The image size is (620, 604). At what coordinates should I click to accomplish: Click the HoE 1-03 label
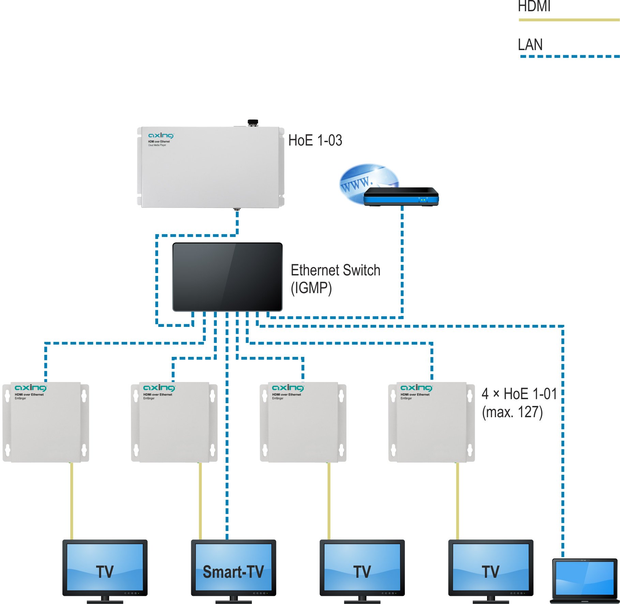click(x=315, y=140)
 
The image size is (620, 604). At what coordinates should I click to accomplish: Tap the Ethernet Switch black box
click(x=227, y=277)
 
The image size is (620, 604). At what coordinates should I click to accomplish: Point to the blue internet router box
click(x=401, y=197)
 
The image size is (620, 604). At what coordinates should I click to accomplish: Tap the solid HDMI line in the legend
click(x=569, y=20)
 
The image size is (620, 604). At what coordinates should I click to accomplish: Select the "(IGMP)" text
click(x=311, y=288)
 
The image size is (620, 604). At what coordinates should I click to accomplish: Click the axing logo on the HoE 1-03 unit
click(x=161, y=136)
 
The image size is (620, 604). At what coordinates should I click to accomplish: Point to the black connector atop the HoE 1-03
click(x=253, y=122)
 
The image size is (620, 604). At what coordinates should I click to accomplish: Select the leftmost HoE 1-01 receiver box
click(x=46, y=422)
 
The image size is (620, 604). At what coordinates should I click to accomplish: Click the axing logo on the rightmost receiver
click(x=416, y=388)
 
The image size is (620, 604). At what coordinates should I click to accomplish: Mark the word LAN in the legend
click(x=530, y=45)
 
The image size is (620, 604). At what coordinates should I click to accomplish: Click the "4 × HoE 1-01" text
click(x=519, y=394)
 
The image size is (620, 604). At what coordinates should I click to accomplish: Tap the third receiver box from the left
click(x=303, y=422)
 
